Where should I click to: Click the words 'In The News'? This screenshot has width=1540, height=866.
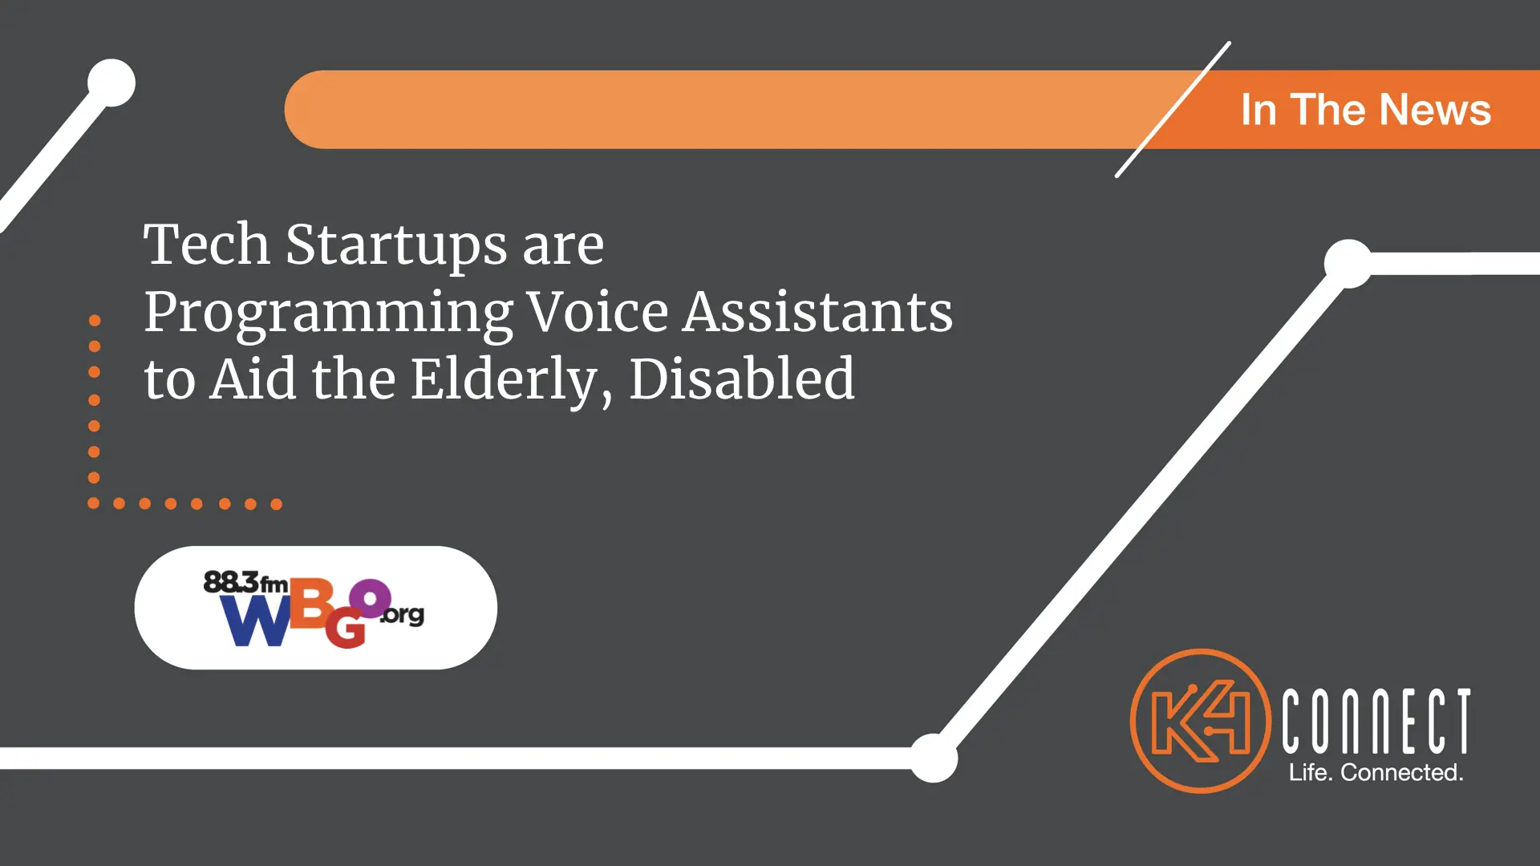tap(1365, 110)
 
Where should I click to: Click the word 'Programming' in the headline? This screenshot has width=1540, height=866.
tap(328, 314)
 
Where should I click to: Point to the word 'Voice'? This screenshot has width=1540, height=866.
tap(598, 311)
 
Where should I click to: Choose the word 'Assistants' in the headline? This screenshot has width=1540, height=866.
tap(818, 311)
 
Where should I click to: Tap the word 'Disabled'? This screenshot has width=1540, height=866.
tap(742, 378)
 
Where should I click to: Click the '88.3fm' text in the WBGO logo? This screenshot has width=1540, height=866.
tap(245, 583)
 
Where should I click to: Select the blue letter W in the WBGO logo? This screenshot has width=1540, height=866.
tap(256, 621)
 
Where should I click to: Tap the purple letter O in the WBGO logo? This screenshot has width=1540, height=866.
tap(370, 598)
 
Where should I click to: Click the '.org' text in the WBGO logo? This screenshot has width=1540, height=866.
tap(402, 615)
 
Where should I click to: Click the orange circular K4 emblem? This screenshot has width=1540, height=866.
tap(1201, 721)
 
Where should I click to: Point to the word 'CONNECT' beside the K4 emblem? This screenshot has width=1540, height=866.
tap(1376, 721)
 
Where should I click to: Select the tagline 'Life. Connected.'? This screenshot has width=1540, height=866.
tap(1376, 772)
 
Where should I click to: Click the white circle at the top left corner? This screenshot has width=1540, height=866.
tap(111, 83)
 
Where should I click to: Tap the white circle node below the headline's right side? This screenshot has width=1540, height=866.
tap(933, 758)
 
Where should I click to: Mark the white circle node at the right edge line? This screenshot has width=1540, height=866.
tap(1349, 264)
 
